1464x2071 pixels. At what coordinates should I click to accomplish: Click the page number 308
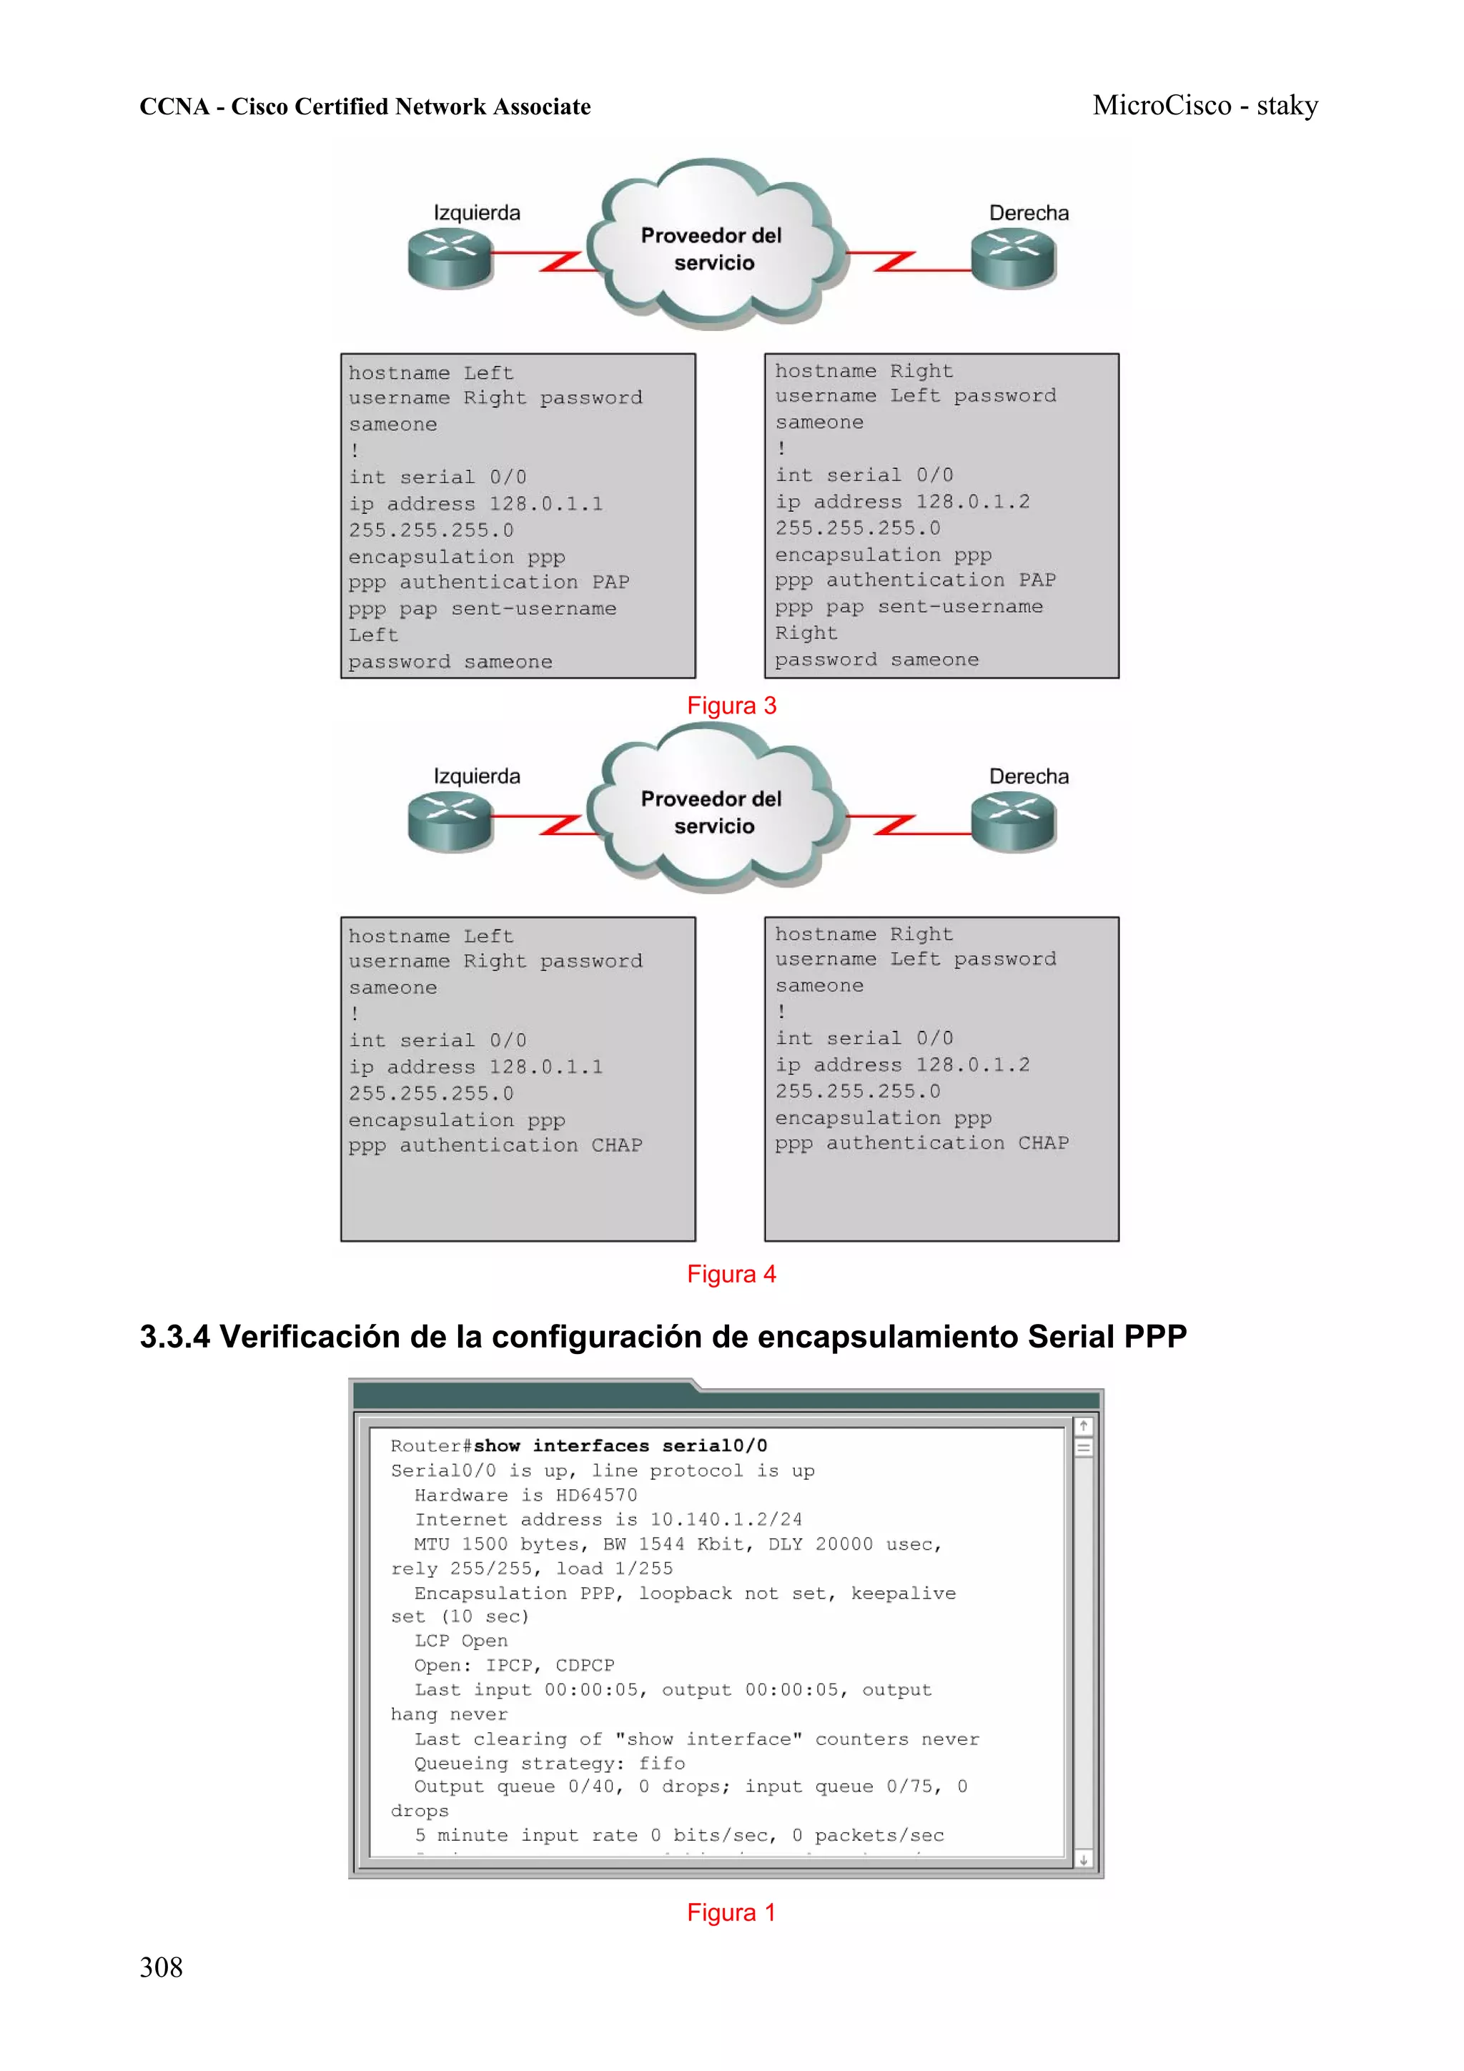pos(161,1967)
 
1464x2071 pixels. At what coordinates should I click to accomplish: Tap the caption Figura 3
pos(731,706)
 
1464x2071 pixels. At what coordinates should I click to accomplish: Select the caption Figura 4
pos(731,1274)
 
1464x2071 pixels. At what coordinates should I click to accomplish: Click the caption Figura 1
pos(731,1912)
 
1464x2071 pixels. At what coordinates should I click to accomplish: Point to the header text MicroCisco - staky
pos(1205,106)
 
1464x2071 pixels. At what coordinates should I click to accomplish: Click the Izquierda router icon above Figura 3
pos(449,257)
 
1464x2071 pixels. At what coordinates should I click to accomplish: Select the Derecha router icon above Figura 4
pos(1013,821)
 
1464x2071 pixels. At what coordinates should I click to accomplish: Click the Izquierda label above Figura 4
pos(476,776)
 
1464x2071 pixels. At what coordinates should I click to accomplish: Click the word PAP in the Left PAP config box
pos(610,583)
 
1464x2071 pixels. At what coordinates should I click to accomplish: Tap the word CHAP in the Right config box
pos(1044,1144)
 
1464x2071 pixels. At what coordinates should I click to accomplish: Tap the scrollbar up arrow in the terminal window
pos(1083,1426)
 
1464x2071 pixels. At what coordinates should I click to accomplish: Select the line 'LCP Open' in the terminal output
pos(461,1641)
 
